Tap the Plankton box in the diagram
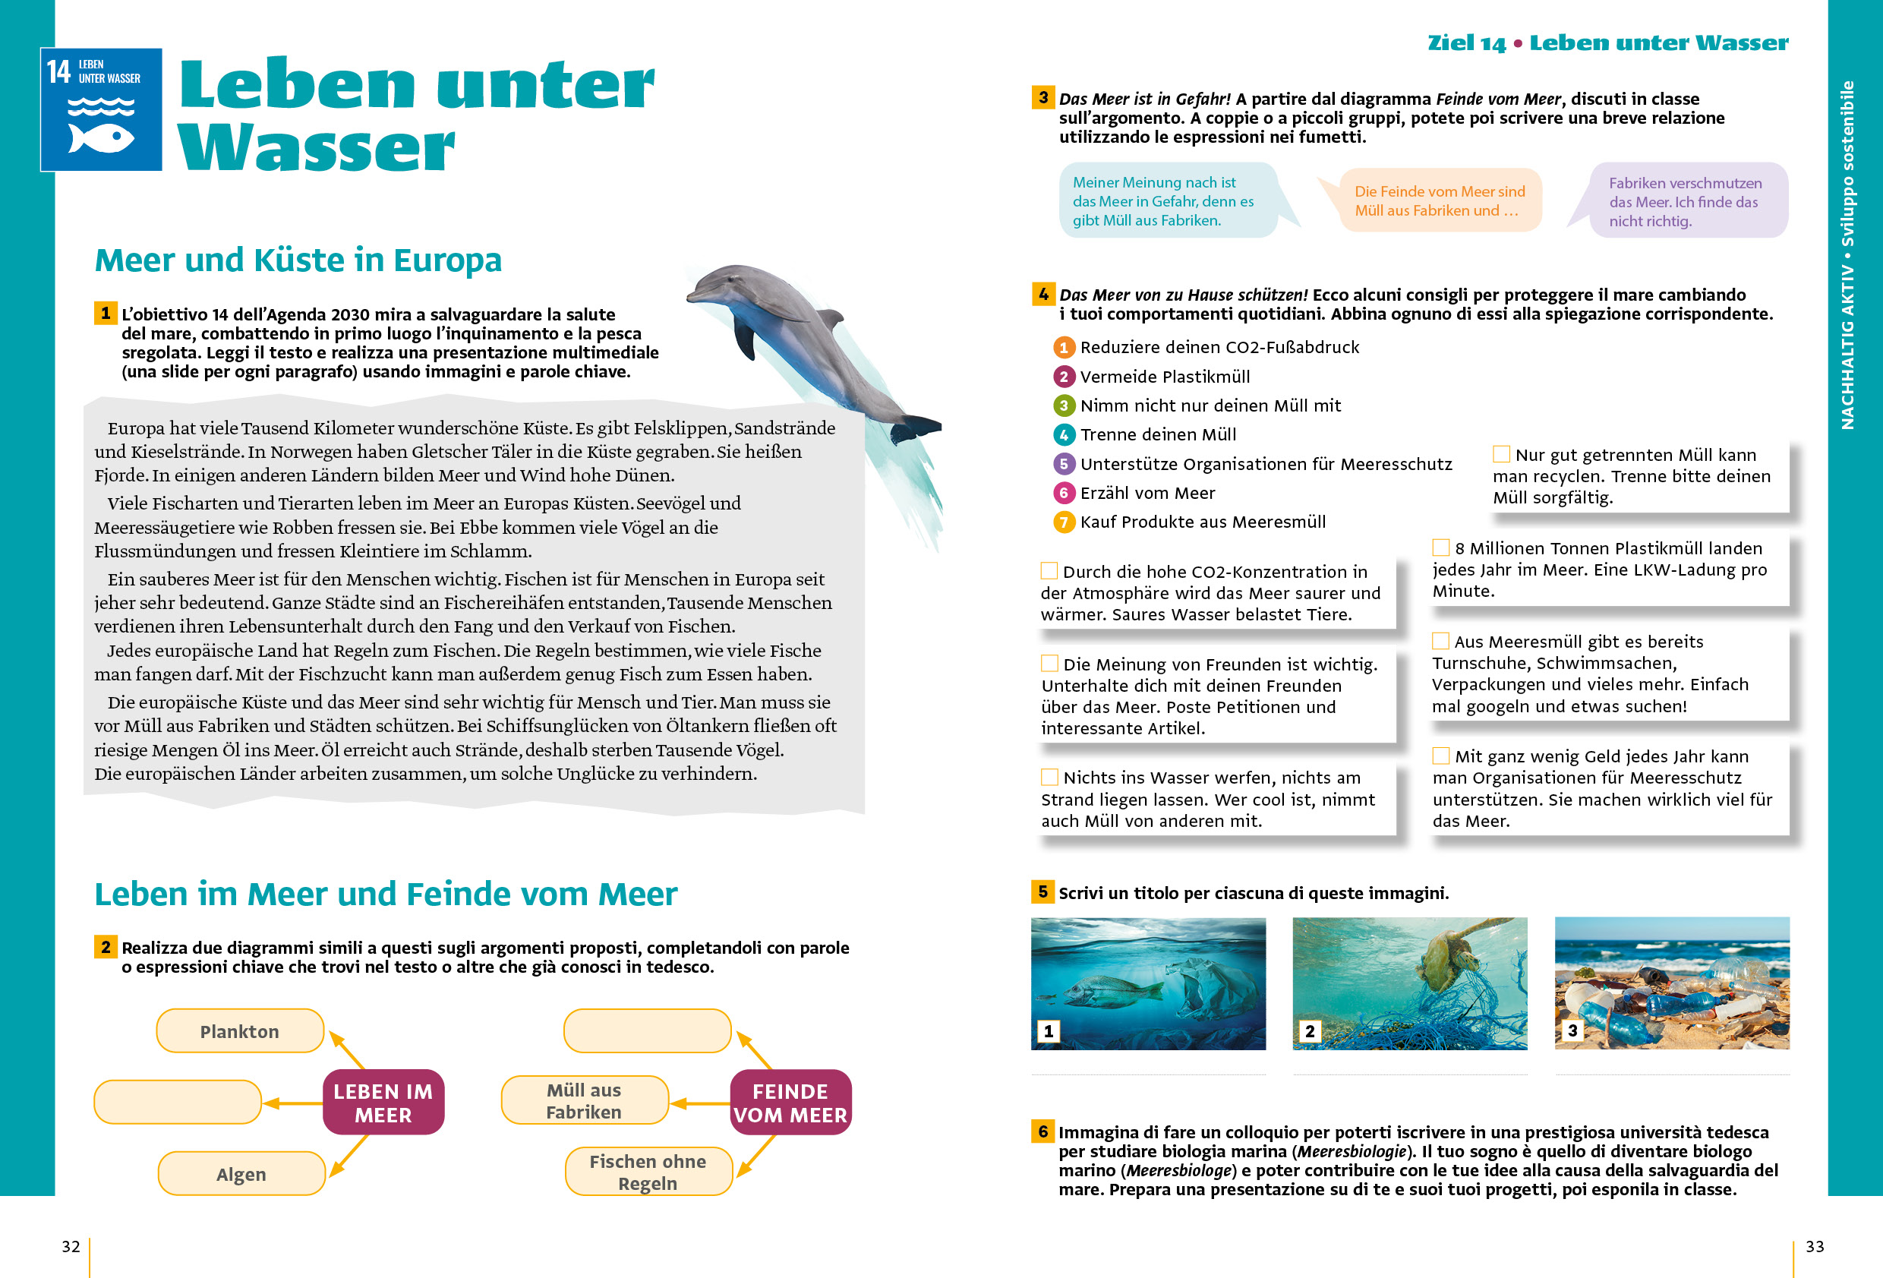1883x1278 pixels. point(240,1030)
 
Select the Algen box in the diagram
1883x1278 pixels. point(241,1173)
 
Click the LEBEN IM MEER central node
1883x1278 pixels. point(383,1102)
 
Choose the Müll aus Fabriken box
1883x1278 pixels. point(584,1100)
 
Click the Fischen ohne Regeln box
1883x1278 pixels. point(648,1172)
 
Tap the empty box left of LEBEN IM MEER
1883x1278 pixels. point(178,1102)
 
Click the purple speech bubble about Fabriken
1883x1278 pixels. point(1687,201)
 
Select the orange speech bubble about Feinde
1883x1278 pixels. point(1439,201)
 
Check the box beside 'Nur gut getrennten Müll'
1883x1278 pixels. point(1501,454)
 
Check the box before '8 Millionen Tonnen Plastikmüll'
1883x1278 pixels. point(1440,547)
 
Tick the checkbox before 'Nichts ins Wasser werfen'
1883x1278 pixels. point(1049,777)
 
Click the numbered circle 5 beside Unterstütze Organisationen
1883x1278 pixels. point(1064,463)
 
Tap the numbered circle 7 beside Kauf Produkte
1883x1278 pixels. point(1064,522)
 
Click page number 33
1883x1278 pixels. point(1815,1246)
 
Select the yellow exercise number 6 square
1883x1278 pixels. point(1042,1131)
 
